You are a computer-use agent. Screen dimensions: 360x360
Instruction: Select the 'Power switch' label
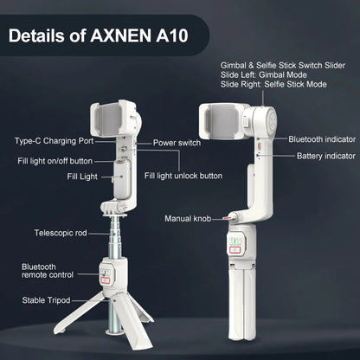point(177,142)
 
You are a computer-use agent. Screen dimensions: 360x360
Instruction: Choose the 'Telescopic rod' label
point(61,233)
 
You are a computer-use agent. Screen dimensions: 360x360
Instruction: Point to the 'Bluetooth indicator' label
point(320,138)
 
